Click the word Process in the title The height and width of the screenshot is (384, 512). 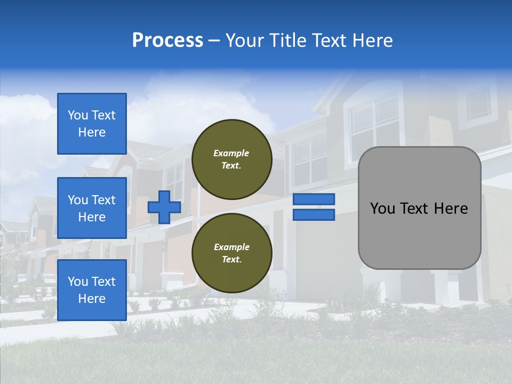[x=167, y=41]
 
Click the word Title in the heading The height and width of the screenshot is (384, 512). [x=287, y=41]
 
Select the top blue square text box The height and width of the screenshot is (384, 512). [x=92, y=124]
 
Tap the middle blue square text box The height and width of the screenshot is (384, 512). [x=92, y=208]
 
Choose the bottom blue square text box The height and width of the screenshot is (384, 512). [x=92, y=290]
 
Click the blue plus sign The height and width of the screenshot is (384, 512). [x=164, y=207]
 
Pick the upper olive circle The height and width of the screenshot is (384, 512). [x=231, y=159]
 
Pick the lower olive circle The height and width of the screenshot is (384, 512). [x=231, y=253]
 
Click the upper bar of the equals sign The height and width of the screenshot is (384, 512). [x=314, y=199]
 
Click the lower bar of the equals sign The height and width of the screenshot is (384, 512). [x=314, y=215]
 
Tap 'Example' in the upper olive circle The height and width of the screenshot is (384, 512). [x=231, y=153]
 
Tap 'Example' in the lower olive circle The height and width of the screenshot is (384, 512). [x=231, y=247]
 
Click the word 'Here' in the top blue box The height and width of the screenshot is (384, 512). [x=92, y=132]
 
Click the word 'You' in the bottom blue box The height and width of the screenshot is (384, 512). [x=77, y=282]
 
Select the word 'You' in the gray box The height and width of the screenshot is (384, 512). [x=382, y=209]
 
